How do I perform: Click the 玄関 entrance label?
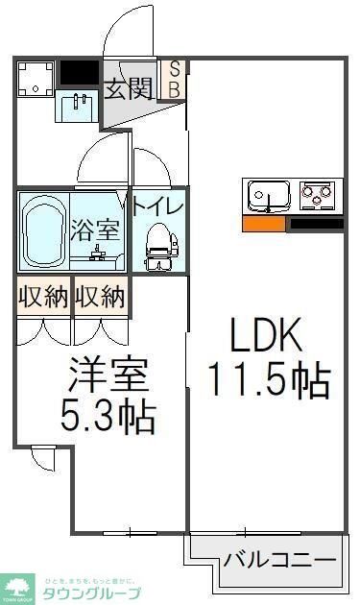129,89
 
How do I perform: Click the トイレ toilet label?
157,205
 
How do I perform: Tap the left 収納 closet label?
43,297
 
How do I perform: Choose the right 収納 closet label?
100,297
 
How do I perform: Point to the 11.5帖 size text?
270,380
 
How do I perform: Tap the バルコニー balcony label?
280,559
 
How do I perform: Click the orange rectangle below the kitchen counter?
263,225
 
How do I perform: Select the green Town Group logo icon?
18,585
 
